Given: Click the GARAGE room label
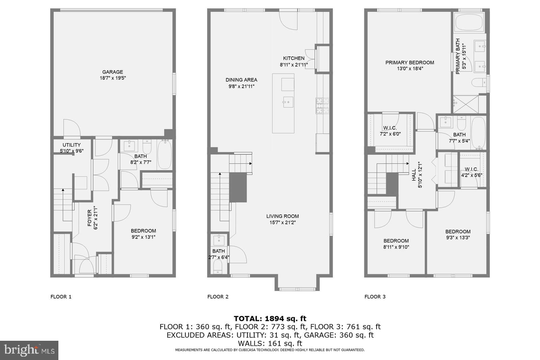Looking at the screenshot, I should pyautogui.click(x=113, y=72).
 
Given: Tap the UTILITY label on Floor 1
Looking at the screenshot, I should pyautogui.click(x=71, y=145).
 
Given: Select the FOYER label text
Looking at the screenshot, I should pyautogui.click(x=89, y=218).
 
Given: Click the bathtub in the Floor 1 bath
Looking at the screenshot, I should pyautogui.click(x=165, y=155).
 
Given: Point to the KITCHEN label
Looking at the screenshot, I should pyautogui.click(x=294, y=58).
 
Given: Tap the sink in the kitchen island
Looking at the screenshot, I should pyautogui.click(x=288, y=101).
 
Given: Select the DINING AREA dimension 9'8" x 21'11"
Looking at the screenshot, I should pyautogui.click(x=241, y=86).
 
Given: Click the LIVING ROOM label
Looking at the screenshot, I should pyautogui.click(x=282, y=216).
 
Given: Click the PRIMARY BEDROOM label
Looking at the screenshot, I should pyautogui.click(x=410, y=62).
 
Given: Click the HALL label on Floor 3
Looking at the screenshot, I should pyautogui.click(x=414, y=175).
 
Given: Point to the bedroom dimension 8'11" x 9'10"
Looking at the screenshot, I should pyautogui.click(x=396, y=247).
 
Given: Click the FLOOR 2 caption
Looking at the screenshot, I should pyautogui.click(x=218, y=297).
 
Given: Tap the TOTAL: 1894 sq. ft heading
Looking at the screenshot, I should pyautogui.click(x=270, y=318).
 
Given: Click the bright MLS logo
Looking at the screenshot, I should pyautogui.click(x=29, y=350).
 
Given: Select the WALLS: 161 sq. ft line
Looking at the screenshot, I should pyautogui.click(x=270, y=344).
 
